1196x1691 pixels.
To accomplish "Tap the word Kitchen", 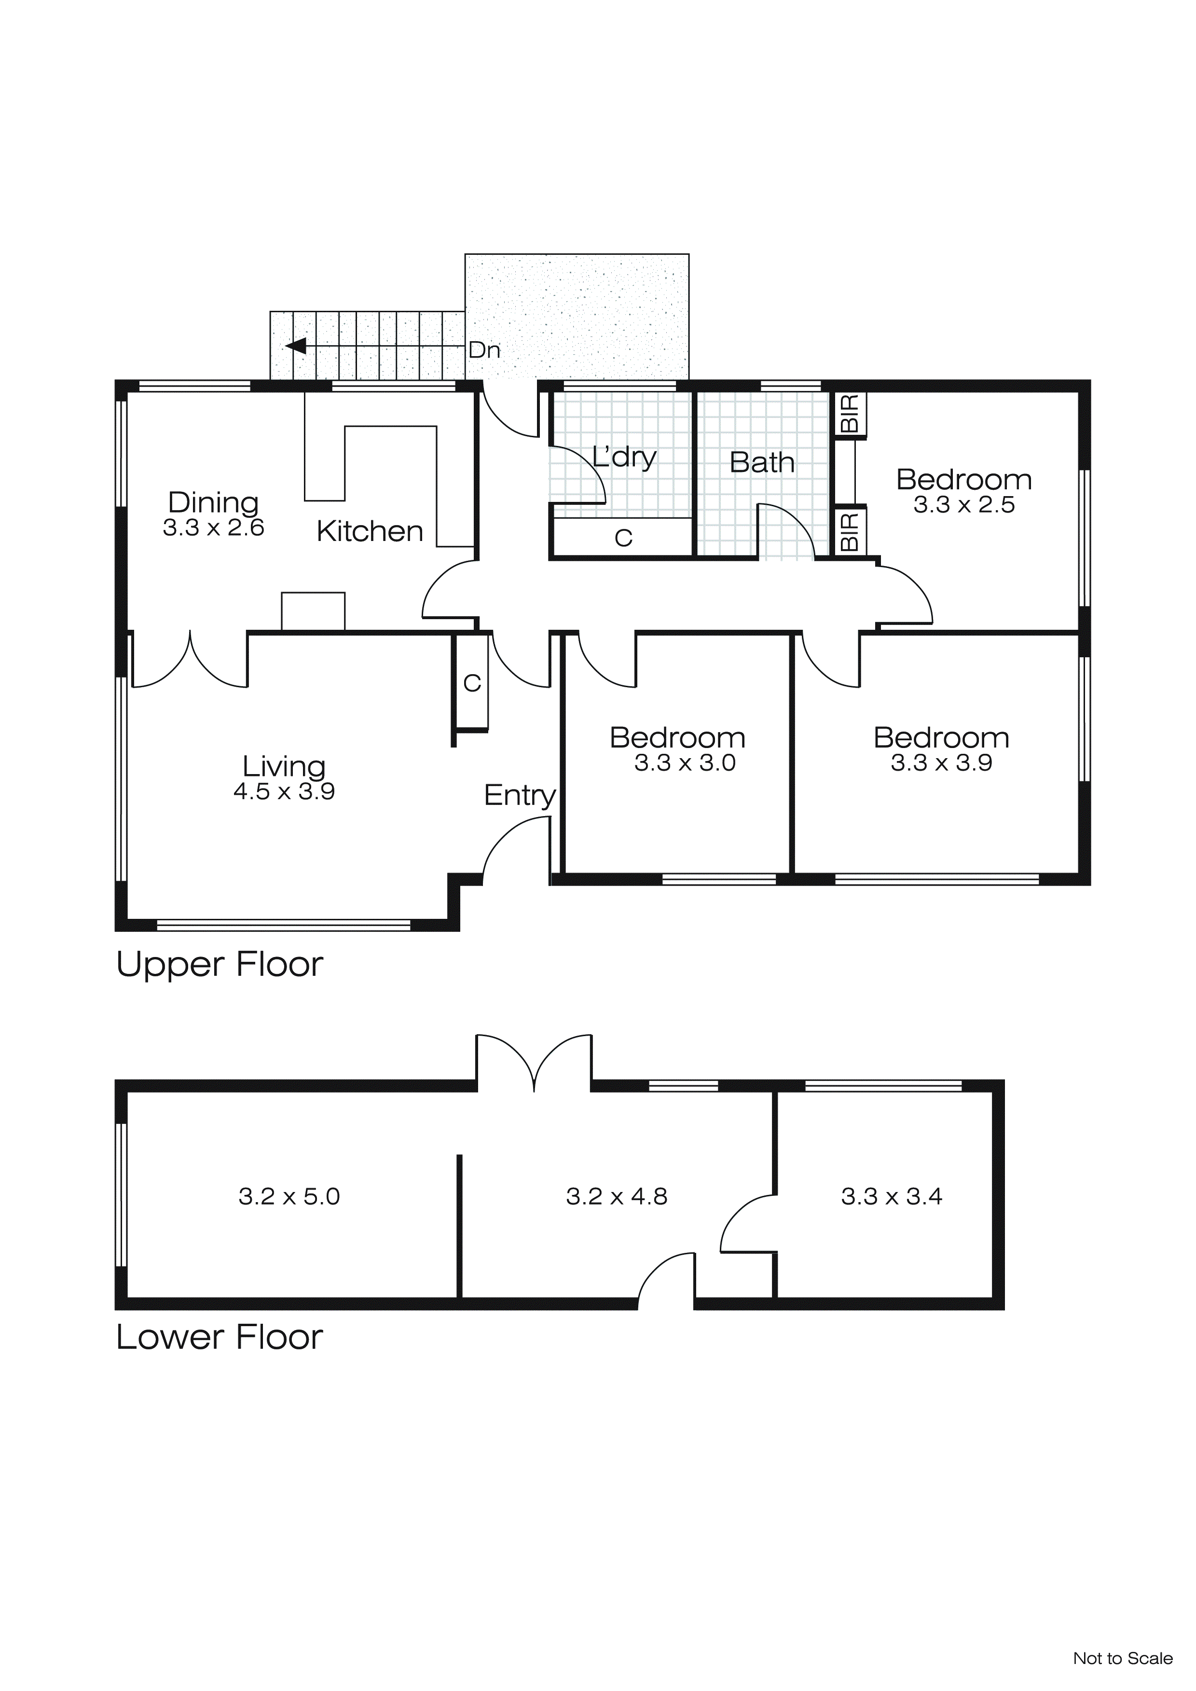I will (x=370, y=531).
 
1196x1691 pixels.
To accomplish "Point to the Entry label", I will (x=519, y=795).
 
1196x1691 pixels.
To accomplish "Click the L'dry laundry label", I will (x=624, y=457).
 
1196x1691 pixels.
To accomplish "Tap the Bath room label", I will (x=762, y=462).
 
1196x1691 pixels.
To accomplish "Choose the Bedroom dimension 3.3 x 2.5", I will (x=964, y=505).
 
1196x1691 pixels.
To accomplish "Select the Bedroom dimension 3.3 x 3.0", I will (x=685, y=763).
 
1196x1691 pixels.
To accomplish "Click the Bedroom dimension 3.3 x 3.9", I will (x=941, y=763).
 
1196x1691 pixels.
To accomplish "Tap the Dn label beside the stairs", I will (x=484, y=350).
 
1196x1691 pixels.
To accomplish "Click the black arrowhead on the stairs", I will (x=296, y=346).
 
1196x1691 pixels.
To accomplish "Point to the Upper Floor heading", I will (x=220, y=965).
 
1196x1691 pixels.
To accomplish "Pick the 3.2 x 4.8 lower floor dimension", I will (x=617, y=1196).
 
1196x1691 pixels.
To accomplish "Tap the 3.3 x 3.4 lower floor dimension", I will (x=892, y=1196).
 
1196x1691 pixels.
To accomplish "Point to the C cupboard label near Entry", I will (x=472, y=683).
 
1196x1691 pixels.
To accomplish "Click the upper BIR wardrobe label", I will (x=849, y=414).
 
